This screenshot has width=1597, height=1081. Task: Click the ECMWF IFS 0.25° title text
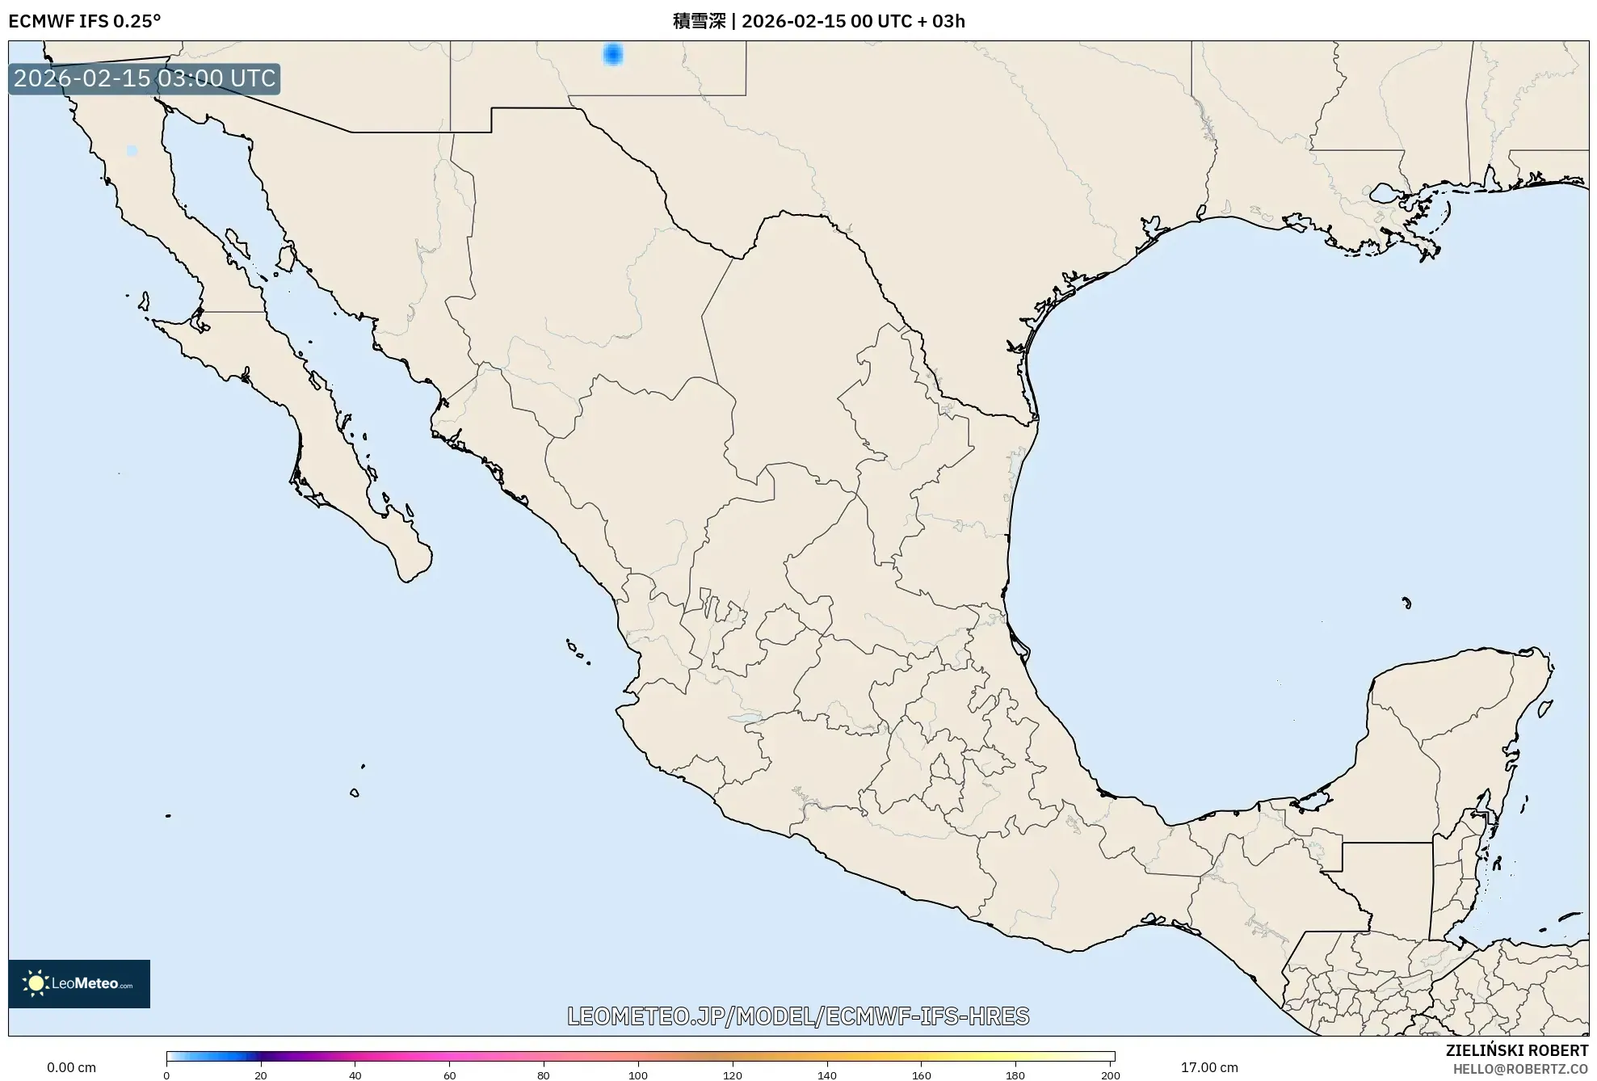[85, 21]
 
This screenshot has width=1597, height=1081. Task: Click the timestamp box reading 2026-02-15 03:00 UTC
[145, 78]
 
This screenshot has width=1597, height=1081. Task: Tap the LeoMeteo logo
[79, 983]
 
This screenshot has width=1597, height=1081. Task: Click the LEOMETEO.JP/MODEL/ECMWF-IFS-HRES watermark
[798, 1016]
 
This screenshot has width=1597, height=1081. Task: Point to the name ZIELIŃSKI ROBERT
[1516, 1050]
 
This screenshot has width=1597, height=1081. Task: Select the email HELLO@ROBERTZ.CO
[1520, 1069]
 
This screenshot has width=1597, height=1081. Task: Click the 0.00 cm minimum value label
[71, 1067]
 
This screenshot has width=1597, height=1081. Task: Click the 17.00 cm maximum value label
[1208, 1067]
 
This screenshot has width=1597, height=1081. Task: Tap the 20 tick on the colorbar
[261, 1075]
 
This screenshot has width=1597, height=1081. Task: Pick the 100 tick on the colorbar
[638, 1075]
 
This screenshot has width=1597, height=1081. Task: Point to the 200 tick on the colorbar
[1111, 1075]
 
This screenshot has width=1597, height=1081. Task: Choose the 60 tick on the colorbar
[450, 1075]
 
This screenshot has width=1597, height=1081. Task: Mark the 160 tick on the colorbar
[922, 1075]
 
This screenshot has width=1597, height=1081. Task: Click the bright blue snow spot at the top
[613, 54]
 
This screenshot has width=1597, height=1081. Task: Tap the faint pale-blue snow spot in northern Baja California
[132, 151]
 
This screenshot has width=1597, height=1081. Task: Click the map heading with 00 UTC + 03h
[818, 21]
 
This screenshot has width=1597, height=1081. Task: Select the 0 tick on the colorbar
[166, 1075]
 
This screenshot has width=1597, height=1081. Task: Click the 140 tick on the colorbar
[827, 1075]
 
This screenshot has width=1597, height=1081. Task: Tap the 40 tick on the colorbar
[355, 1075]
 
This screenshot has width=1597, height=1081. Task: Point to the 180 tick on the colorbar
[1015, 1075]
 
